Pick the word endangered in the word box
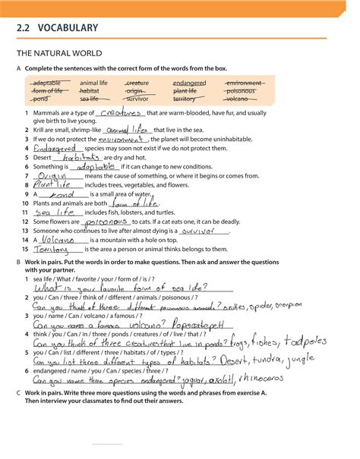coord(189,83)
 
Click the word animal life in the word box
coord(93,83)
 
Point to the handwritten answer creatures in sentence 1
coord(121,112)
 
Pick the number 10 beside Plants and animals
coord(25,203)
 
